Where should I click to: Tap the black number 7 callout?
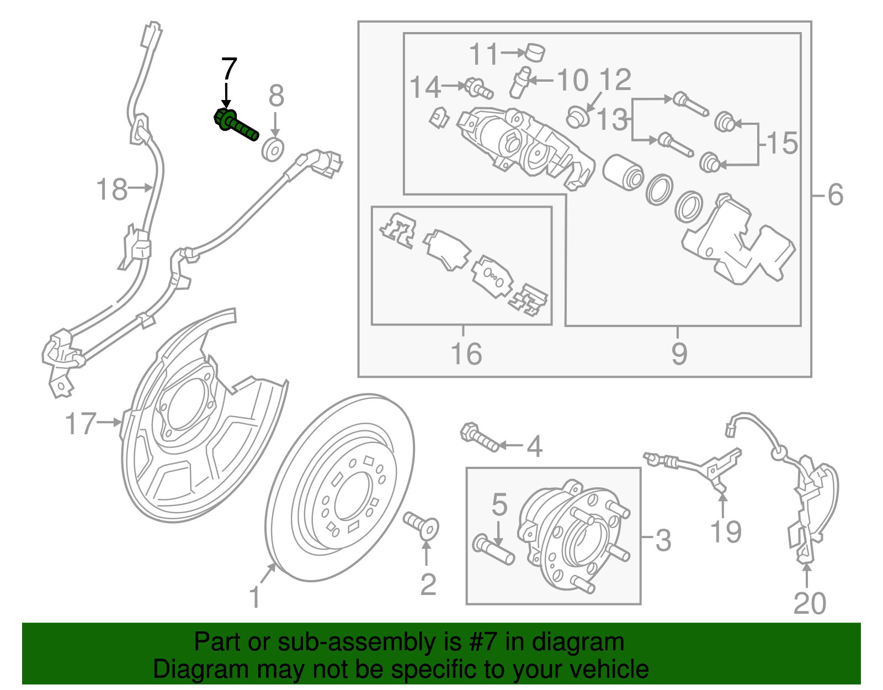(228, 70)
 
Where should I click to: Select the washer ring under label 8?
(273, 150)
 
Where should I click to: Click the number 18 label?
(111, 189)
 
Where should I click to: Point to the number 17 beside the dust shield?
(81, 424)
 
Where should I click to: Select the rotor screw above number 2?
(421, 525)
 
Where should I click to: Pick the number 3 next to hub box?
(663, 540)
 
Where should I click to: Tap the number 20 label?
(810, 603)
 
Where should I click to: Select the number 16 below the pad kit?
(466, 354)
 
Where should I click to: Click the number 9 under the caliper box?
(679, 354)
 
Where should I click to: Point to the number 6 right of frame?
(836, 194)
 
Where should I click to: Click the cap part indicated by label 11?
(534, 52)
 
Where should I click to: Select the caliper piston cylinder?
(623, 172)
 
